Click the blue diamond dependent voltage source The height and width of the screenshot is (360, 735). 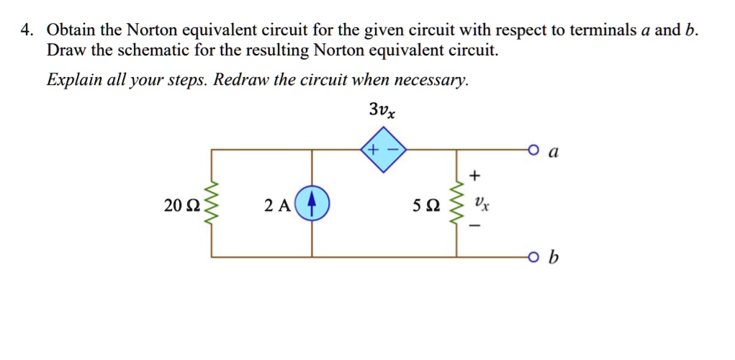click(x=383, y=150)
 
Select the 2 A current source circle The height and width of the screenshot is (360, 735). click(x=312, y=204)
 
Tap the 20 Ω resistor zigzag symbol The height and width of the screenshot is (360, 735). click(x=211, y=204)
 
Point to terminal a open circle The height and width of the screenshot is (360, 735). click(x=533, y=150)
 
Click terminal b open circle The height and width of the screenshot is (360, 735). click(x=533, y=257)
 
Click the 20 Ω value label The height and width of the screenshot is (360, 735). click(x=178, y=206)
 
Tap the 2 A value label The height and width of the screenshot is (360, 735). click(x=277, y=206)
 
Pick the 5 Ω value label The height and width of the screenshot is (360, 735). click(x=424, y=206)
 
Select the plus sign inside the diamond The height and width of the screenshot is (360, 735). click(x=374, y=150)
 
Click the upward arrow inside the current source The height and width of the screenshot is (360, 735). click(x=312, y=204)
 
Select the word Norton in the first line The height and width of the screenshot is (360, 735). click(x=153, y=30)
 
